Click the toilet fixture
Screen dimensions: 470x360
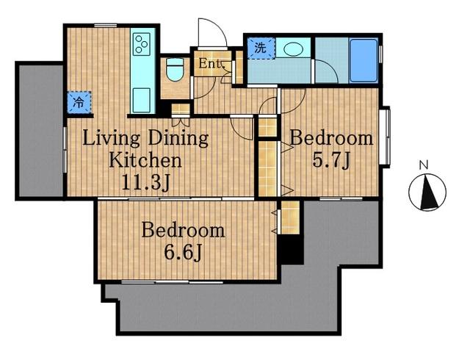click(x=175, y=70)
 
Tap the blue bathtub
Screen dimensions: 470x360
click(x=364, y=60)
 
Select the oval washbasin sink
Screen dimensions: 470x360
click(x=292, y=49)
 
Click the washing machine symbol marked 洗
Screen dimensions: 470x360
click(x=261, y=48)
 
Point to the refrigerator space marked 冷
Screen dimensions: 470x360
click(x=79, y=102)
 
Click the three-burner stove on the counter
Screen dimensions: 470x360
click(x=141, y=44)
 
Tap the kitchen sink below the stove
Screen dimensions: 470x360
click(x=141, y=100)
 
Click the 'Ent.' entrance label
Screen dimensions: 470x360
click(x=211, y=63)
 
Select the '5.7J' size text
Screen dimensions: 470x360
click(x=331, y=161)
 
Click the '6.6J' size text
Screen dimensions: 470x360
click(x=183, y=253)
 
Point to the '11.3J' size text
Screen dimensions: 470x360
click(x=146, y=181)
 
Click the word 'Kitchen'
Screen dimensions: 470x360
click(x=145, y=160)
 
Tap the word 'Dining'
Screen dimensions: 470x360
click(x=178, y=139)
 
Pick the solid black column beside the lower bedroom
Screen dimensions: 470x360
click(x=292, y=250)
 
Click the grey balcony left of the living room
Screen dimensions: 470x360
click(x=40, y=131)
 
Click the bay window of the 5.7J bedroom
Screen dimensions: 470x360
click(x=385, y=136)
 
